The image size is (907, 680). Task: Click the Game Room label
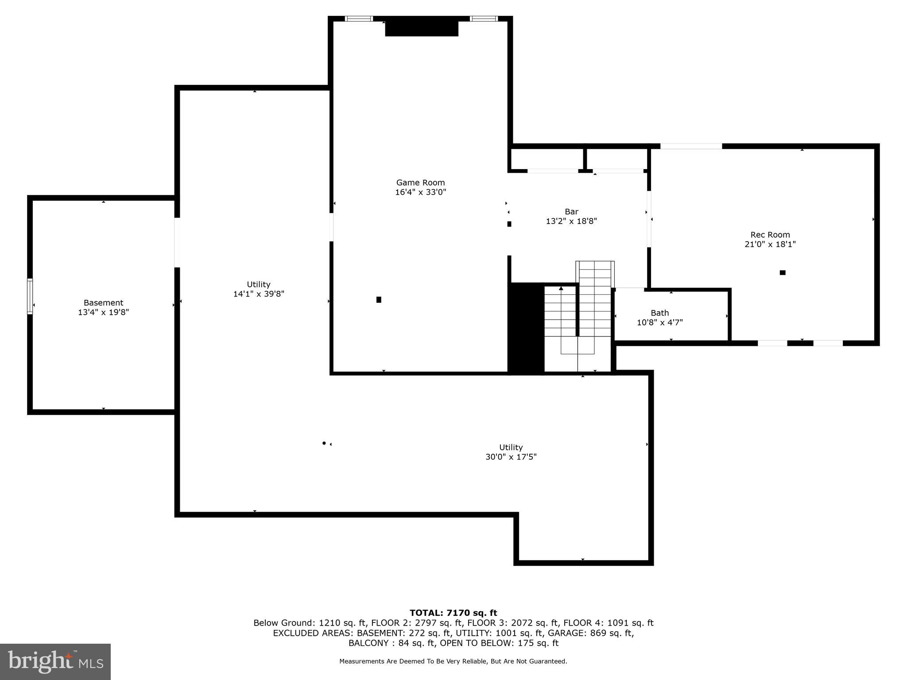420,182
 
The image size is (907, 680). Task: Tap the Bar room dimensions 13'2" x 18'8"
571,221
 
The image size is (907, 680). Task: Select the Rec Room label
770,235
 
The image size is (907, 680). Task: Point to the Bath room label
659,313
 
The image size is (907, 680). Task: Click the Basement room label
103,303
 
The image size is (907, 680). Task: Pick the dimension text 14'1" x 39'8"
259,294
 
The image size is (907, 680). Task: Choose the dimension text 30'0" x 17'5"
511,457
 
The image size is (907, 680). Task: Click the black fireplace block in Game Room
421,28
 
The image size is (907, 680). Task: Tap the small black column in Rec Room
783,273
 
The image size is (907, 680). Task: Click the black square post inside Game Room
379,300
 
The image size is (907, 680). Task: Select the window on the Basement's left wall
30,296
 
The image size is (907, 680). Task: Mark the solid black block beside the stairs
526,328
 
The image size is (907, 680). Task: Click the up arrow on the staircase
561,289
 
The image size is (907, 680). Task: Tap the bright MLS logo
55,661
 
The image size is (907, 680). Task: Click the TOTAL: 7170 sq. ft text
453,613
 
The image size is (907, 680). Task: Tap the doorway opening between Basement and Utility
177,243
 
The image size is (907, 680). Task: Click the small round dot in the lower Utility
324,443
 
